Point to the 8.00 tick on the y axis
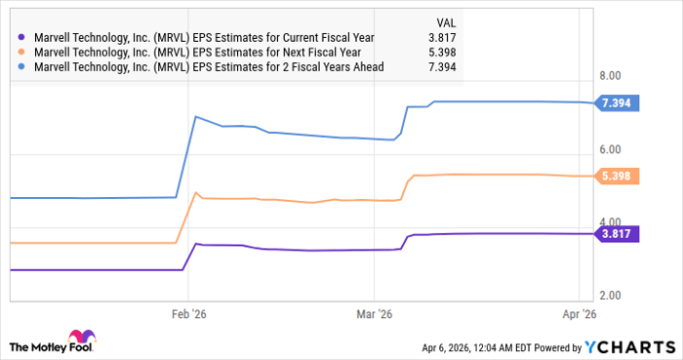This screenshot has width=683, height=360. (x=611, y=75)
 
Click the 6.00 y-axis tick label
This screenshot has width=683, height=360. (x=611, y=149)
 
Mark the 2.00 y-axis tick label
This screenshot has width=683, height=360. (x=611, y=295)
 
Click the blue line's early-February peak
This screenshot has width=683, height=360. (x=196, y=117)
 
